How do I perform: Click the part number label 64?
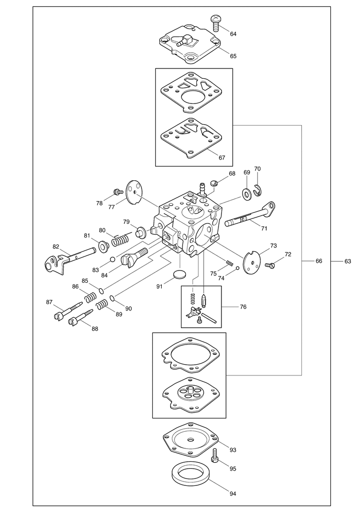pyautogui.click(x=233, y=34)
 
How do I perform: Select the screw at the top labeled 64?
pyautogui.click(x=216, y=20)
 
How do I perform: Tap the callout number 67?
pyautogui.click(x=222, y=158)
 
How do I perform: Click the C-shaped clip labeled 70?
pyautogui.click(x=258, y=189)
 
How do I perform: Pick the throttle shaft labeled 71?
pyautogui.click(x=249, y=217)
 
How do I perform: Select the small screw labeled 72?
pyautogui.click(x=269, y=265)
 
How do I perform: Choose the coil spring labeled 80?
pyautogui.click(x=121, y=239)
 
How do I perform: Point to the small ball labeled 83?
pyautogui.click(x=112, y=260)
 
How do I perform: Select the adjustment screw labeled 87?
pyautogui.click(x=64, y=310)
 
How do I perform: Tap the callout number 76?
pyautogui.click(x=243, y=307)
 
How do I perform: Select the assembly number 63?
pyautogui.click(x=348, y=261)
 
